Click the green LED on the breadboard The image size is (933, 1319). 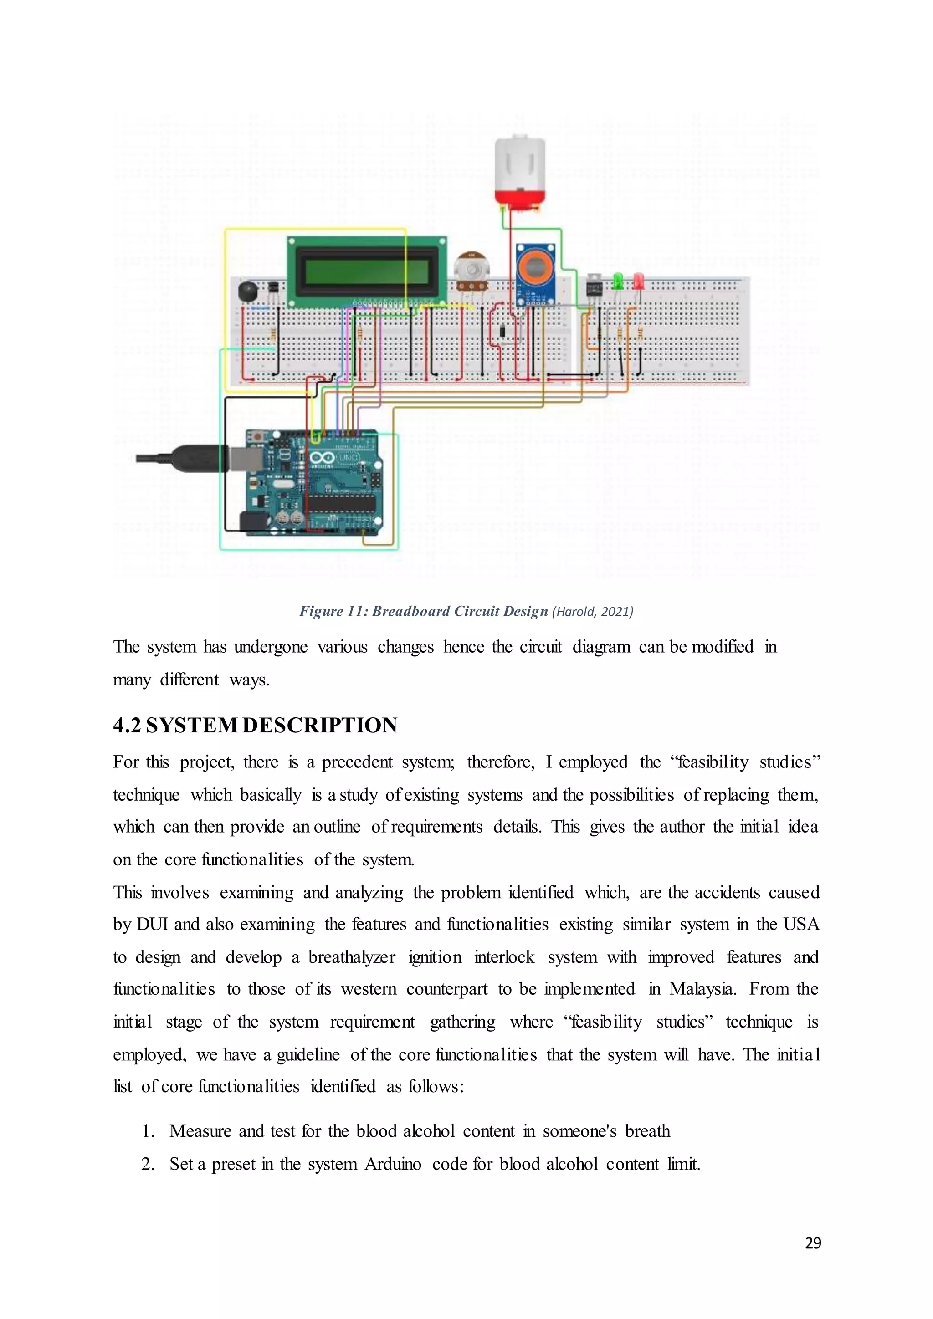pyautogui.click(x=618, y=281)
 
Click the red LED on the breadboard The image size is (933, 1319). pyautogui.click(x=638, y=281)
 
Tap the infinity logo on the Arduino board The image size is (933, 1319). pyautogui.click(x=322, y=458)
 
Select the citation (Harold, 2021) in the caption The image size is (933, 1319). pyautogui.click(x=592, y=611)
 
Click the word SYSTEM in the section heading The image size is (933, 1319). pyautogui.click(x=191, y=725)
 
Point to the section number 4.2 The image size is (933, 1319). pyautogui.click(x=126, y=725)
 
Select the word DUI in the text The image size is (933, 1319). pyautogui.click(x=152, y=924)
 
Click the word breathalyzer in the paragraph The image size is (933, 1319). pyautogui.click(x=352, y=956)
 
